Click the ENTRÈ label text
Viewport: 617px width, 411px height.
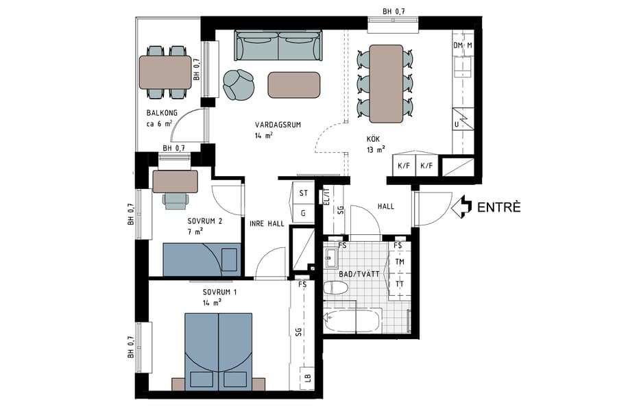tap(498, 207)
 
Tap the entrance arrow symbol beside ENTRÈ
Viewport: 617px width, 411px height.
tap(463, 207)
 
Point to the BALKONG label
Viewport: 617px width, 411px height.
tap(162, 113)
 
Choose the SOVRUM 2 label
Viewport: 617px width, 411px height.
tap(205, 221)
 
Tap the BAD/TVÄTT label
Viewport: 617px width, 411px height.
tap(359, 273)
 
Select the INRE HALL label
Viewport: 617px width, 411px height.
tap(266, 222)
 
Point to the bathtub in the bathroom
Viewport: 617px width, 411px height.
tap(352, 320)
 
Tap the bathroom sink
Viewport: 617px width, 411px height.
tap(332, 260)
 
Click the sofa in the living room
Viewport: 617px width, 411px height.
tap(278, 45)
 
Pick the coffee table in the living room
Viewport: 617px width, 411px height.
tap(293, 84)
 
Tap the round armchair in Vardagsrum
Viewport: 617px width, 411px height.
tap(238, 84)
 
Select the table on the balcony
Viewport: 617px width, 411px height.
tap(165, 73)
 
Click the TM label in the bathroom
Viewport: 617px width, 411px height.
tap(399, 262)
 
